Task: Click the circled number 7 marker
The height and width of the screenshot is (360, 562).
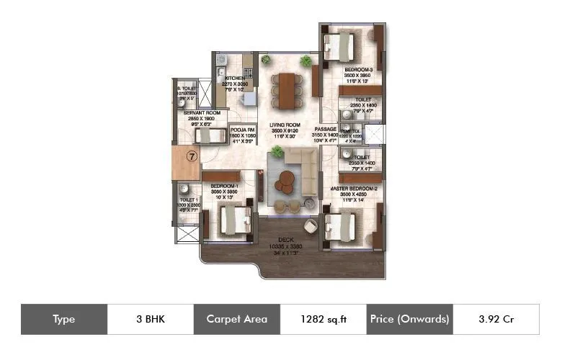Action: point(192,155)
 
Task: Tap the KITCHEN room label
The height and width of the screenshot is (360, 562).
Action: point(235,78)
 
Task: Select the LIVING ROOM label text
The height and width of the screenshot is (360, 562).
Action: point(285,125)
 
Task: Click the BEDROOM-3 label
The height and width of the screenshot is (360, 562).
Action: point(358,70)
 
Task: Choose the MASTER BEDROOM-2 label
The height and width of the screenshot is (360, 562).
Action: point(354,188)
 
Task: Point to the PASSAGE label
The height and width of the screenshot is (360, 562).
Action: point(325,129)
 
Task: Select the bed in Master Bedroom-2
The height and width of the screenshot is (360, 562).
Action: point(341,225)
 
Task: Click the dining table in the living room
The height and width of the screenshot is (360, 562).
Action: point(287,89)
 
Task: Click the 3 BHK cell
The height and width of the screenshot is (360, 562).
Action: point(150,319)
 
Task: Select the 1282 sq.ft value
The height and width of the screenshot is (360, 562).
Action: point(323,319)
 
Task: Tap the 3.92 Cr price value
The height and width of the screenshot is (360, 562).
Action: point(496,319)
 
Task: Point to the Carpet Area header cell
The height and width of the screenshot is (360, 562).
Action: point(236,319)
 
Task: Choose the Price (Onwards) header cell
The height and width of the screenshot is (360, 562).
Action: point(409,319)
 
